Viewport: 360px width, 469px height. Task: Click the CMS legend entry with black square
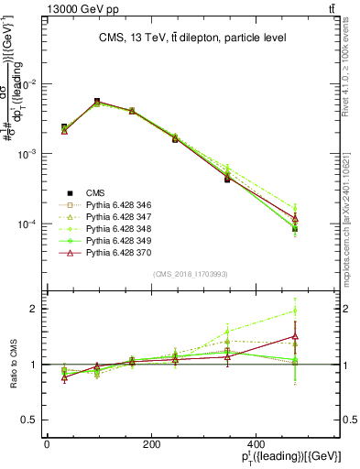95,192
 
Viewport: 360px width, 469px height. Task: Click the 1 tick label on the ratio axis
33,365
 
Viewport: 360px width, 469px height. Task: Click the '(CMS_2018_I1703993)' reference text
191,273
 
